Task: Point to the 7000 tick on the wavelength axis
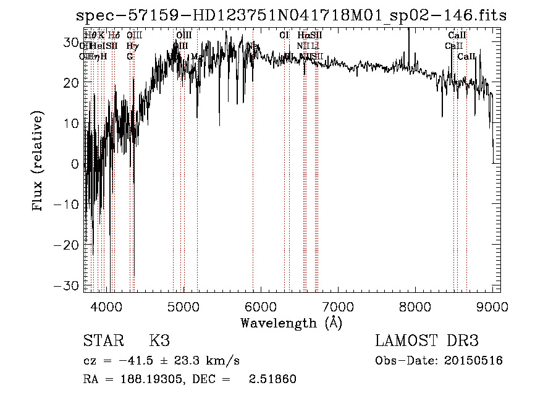click(x=337, y=306)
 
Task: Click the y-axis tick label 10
click(x=72, y=123)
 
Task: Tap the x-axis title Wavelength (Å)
click(x=291, y=323)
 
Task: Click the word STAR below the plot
click(x=103, y=341)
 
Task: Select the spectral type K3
click(x=159, y=341)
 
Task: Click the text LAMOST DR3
click(x=427, y=341)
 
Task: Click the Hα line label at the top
click(x=303, y=36)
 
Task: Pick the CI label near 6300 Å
click(x=284, y=36)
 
